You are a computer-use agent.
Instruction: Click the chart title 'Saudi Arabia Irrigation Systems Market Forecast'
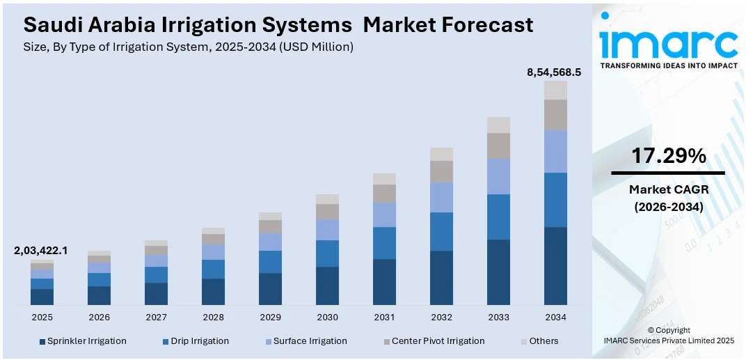278,25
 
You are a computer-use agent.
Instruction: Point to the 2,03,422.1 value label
41,251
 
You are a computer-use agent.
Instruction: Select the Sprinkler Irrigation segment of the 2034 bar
555,266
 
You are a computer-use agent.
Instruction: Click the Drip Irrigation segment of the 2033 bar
498,217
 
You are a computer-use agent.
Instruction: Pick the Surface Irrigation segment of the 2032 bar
441,197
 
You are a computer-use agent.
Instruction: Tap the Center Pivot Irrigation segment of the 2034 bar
555,115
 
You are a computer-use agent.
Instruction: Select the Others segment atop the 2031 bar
384,179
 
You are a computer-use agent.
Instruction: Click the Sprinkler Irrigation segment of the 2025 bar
42,297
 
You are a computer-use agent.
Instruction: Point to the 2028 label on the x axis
213,317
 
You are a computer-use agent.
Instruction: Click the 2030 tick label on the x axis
327,317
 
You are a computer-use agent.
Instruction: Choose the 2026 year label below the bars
99,317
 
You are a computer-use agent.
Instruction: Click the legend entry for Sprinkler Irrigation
83,341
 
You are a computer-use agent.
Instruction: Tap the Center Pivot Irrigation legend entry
432,341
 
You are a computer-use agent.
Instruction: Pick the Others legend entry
539,341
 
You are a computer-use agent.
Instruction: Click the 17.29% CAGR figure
668,157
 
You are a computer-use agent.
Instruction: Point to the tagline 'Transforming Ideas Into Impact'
668,65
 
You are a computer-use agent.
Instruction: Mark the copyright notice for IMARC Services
668,335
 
